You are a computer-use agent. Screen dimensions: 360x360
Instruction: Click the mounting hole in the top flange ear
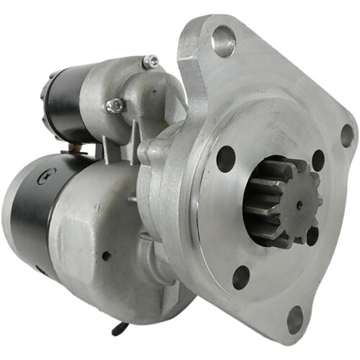pos(224,41)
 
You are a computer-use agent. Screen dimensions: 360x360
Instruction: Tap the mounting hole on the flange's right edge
pos(347,135)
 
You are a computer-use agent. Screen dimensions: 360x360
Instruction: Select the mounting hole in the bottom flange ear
pos(295,319)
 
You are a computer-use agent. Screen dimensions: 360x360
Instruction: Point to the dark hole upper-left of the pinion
pos(226,159)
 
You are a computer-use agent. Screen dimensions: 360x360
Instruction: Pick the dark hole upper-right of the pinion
pos(319,160)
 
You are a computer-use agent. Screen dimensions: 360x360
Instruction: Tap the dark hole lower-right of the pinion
pos(312,236)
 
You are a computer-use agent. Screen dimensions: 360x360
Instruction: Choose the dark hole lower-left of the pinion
pos(241,277)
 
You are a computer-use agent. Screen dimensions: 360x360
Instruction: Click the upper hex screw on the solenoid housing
pos(151,62)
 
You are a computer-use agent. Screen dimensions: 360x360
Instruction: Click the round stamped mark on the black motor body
pos(47,176)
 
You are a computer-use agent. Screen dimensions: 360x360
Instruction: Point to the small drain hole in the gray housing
pos(106,256)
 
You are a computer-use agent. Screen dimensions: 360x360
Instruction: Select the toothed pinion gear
pos(281,202)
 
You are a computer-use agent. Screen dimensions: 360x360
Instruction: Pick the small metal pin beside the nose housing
pos(132,198)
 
